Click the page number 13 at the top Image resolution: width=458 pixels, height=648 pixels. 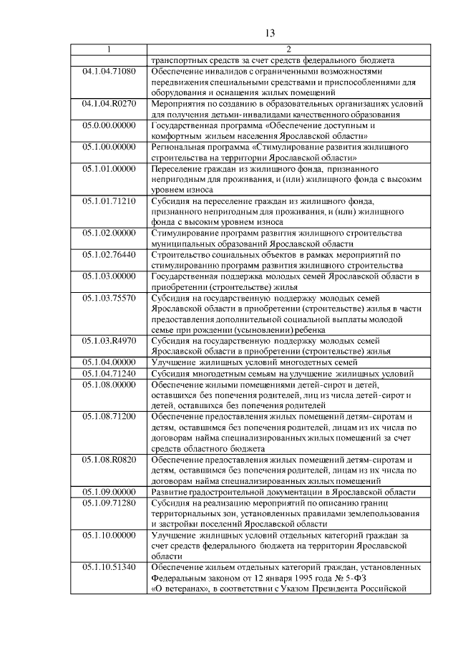pos(270,33)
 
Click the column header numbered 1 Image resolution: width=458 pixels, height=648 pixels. pos(109,49)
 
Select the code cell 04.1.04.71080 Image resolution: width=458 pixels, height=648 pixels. pos(109,72)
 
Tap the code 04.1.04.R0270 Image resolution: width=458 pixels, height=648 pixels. pos(109,104)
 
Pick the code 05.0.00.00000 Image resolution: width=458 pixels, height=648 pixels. pos(109,125)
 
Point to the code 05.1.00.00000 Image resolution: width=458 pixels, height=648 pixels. pos(109,147)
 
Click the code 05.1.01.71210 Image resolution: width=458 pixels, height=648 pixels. pos(109,202)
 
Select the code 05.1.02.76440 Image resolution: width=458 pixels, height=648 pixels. pos(109,255)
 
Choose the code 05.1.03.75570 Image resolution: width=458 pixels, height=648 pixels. pos(109,298)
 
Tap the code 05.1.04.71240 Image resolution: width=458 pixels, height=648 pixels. pos(109,374)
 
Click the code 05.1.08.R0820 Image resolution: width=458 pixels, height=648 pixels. pos(109,460)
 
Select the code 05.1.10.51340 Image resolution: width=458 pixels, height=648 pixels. pos(109,568)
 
